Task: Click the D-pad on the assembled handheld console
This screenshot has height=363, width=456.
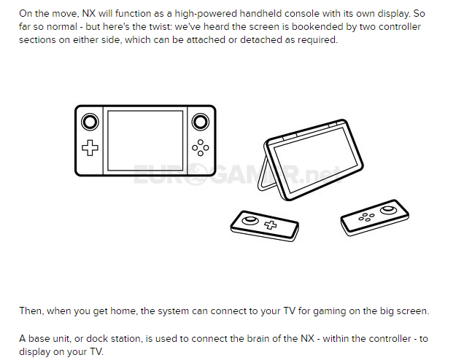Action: (90, 148)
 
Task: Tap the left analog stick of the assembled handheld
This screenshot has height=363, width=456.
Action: (90, 122)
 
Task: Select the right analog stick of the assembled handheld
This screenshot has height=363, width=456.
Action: (201, 122)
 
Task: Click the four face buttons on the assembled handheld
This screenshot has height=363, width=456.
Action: (201, 148)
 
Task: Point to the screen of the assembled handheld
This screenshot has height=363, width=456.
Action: (145, 141)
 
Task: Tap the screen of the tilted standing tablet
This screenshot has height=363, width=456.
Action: (316, 160)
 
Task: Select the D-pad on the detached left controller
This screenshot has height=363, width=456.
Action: (271, 225)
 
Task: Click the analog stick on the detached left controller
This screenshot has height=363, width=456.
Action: (250, 220)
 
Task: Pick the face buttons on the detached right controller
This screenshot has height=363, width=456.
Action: (366, 216)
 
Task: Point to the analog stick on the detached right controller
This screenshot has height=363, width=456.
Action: (388, 209)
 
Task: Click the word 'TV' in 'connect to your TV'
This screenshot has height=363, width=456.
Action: (290, 311)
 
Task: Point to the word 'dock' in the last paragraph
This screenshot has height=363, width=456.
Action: (97, 339)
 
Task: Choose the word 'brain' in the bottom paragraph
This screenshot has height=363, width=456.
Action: (258, 339)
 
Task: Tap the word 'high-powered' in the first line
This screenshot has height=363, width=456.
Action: (206, 14)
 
